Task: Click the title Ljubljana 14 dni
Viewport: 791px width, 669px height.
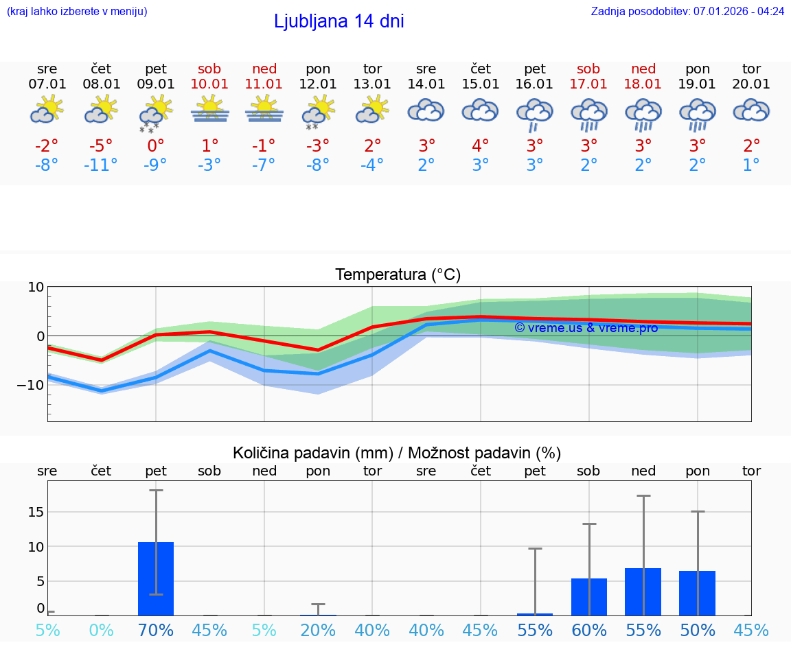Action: click(x=339, y=21)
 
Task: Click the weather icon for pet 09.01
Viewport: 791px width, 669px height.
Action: click(x=156, y=113)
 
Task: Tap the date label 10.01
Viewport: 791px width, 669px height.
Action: click(x=209, y=84)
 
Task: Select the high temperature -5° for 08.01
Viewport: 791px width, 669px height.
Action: click(x=101, y=146)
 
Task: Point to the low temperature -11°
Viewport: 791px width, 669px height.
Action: click(x=101, y=165)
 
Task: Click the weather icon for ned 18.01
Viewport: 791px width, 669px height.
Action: click(x=643, y=114)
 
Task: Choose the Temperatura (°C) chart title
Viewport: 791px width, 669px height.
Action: click(x=398, y=275)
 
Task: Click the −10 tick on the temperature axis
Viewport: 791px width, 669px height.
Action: click(x=30, y=385)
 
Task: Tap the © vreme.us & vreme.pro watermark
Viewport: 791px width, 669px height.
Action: click(x=586, y=328)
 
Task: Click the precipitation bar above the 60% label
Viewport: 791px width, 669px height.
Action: click(x=589, y=597)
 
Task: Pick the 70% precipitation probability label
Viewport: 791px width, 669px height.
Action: click(x=156, y=631)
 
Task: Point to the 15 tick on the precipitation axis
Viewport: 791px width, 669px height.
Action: click(x=36, y=512)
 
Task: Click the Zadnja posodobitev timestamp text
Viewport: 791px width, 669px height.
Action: click(x=687, y=12)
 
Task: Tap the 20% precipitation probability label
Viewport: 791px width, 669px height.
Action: click(x=318, y=631)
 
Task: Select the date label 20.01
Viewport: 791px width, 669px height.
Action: click(x=751, y=84)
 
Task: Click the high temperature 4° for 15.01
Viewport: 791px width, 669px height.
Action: click(x=481, y=146)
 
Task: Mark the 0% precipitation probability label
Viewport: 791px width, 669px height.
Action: click(x=101, y=631)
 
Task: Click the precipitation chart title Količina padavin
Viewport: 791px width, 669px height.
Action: click(x=396, y=453)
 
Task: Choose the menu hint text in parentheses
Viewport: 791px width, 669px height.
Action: click(x=77, y=12)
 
